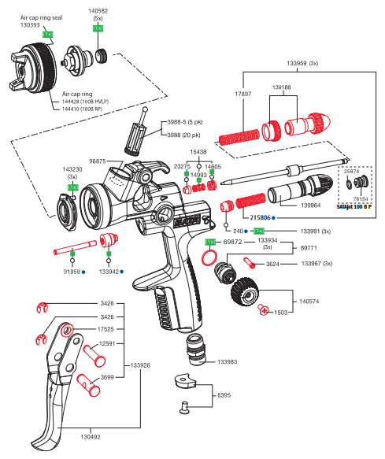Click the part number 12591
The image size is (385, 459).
coord(108,343)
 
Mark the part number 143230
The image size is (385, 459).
coord(72,168)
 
